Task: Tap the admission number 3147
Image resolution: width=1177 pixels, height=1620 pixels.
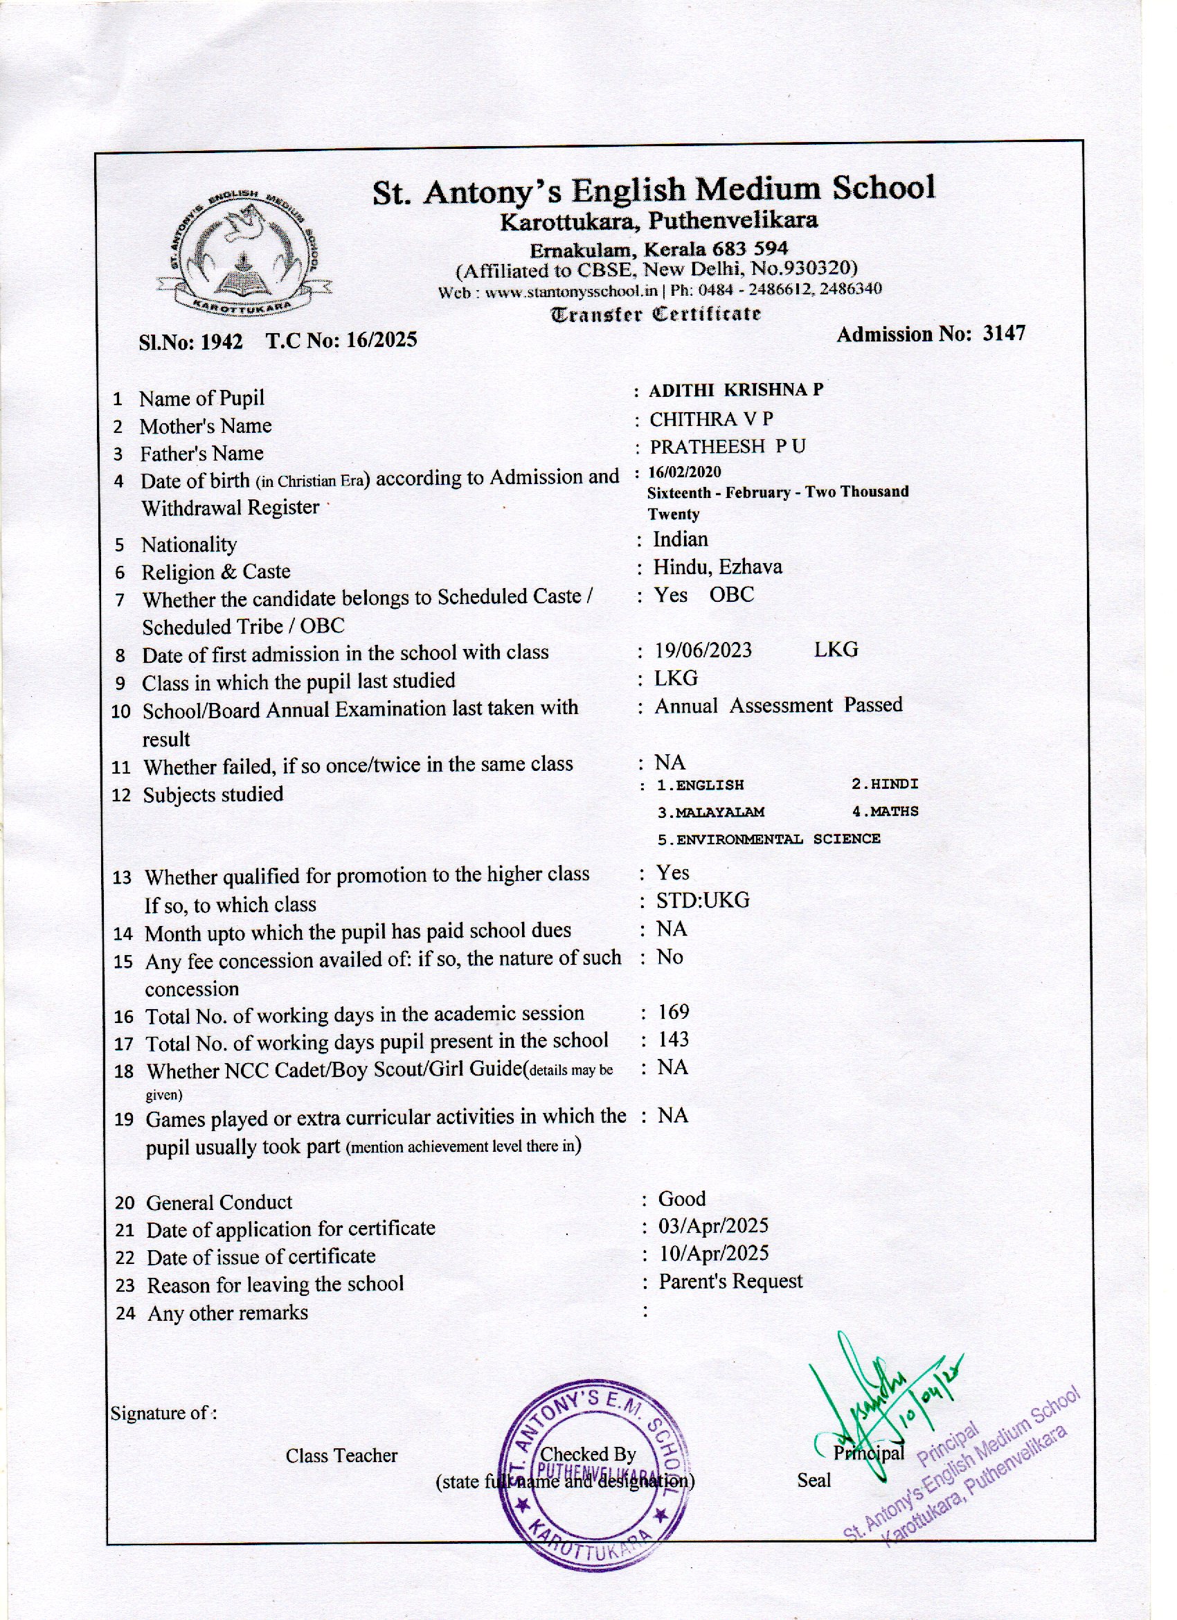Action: click(x=1003, y=334)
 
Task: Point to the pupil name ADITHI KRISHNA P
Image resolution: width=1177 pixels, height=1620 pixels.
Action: click(x=735, y=390)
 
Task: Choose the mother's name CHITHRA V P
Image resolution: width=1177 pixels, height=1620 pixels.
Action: click(x=711, y=418)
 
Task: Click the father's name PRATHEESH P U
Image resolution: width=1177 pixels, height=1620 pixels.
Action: click(x=727, y=447)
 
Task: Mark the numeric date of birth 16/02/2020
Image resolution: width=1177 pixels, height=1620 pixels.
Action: click(x=685, y=472)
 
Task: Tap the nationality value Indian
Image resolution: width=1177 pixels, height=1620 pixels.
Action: click(x=681, y=540)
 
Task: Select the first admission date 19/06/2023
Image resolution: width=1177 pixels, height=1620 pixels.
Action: click(x=703, y=650)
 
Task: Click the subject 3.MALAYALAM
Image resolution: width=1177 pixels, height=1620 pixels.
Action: click(x=710, y=812)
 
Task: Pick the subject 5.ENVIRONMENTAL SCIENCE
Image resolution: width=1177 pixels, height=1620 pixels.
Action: click(x=769, y=839)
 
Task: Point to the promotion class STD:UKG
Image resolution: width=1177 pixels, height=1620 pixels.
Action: click(x=703, y=900)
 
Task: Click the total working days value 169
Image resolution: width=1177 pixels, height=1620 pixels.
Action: click(x=674, y=1012)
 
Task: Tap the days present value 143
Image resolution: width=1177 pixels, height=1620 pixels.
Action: click(x=674, y=1040)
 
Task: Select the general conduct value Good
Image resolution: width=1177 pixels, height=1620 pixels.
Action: click(x=682, y=1200)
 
